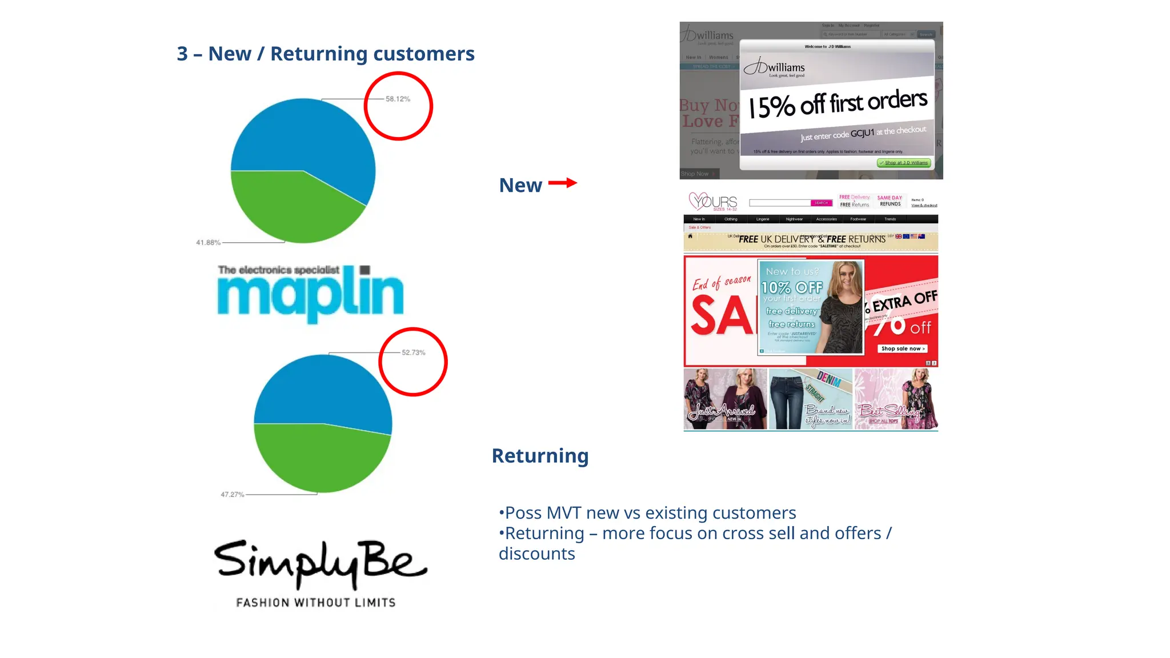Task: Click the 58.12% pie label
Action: (x=398, y=99)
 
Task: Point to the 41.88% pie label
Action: (x=208, y=243)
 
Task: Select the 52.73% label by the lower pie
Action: (x=413, y=352)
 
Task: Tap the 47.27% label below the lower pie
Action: (x=232, y=495)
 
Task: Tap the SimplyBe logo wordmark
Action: (x=320, y=562)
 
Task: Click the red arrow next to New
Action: (x=563, y=183)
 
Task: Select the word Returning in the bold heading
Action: (x=540, y=456)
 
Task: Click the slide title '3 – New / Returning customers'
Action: (x=326, y=54)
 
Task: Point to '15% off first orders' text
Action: (x=838, y=103)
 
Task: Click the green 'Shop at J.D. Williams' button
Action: (x=904, y=163)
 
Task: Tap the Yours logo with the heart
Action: (x=713, y=202)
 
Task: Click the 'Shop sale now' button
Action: (x=902, y=348)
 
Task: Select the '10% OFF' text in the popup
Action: (x=792, y=287)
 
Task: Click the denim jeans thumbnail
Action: (x=810, y=399)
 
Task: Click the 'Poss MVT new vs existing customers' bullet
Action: (x=648, y=513)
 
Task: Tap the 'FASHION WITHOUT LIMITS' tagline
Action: (x=315, y=603)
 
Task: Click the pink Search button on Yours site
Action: (x=821, y=203)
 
